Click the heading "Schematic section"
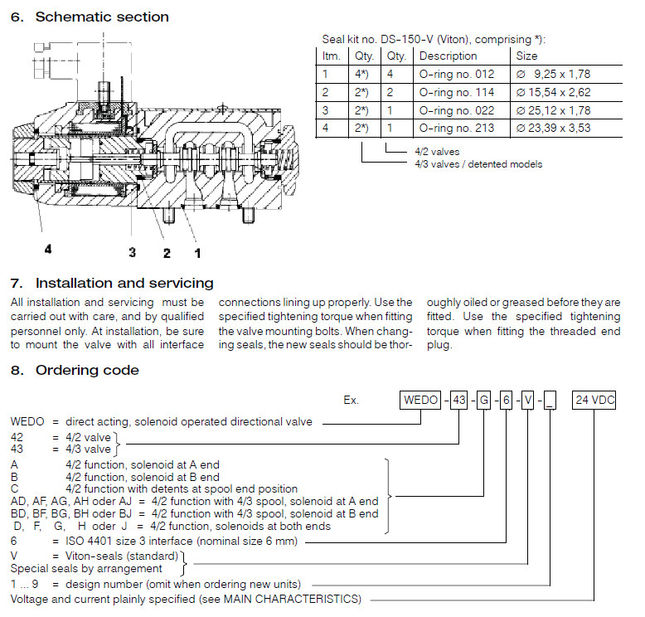102,17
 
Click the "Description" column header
449,56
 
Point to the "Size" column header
526,56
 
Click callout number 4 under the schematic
47,247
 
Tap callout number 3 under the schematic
132,252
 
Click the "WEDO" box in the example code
421,400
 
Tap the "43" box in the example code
458,400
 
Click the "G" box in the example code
483,400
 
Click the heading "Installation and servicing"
124,284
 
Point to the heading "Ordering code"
87,370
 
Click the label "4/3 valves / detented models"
478,164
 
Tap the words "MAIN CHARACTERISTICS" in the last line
289,598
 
